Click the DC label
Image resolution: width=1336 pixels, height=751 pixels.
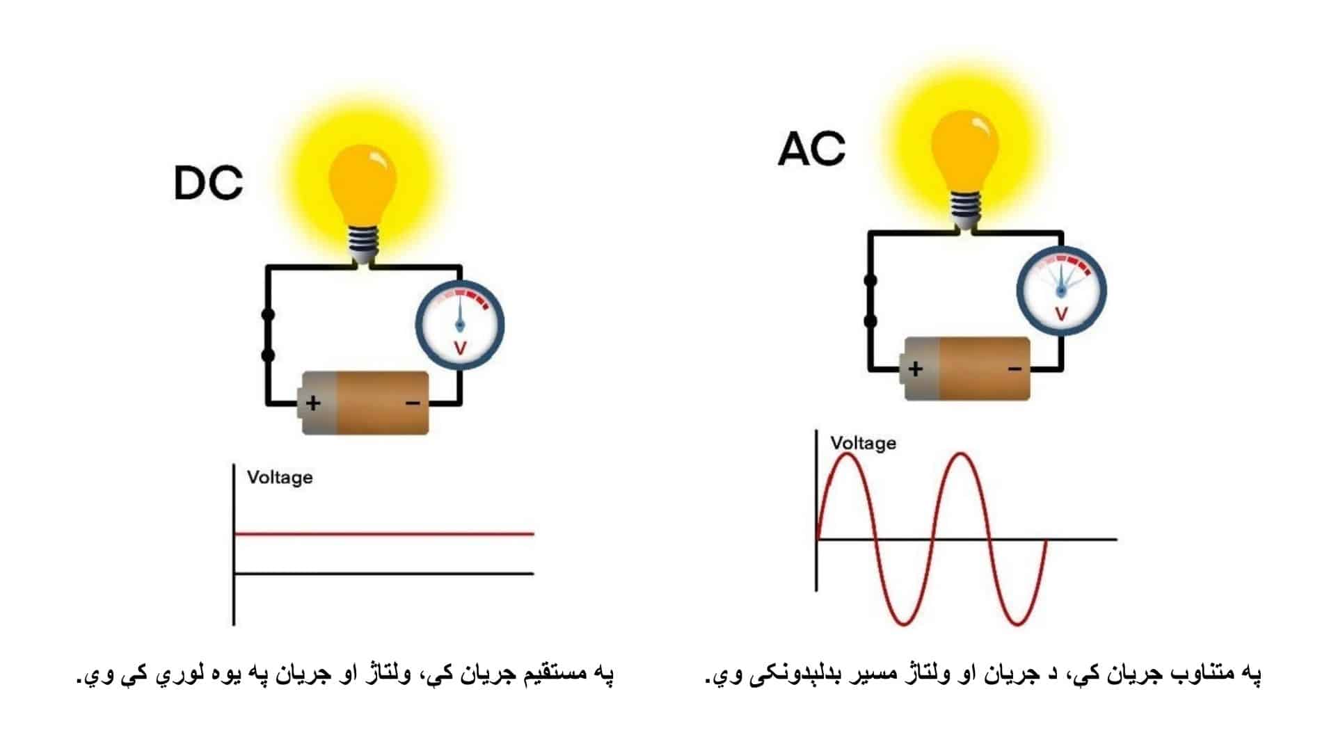click(208, 183)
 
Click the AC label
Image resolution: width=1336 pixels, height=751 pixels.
click(811, 149)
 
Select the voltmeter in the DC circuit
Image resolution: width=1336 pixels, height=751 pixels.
click(460, 324)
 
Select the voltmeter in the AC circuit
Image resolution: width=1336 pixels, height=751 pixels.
click(1061, 290)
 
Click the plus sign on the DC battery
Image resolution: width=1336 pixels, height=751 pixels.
click(313, 403)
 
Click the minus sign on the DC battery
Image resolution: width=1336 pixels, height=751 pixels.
click(412, 403)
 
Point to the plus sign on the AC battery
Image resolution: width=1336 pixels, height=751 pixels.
click(915, 369)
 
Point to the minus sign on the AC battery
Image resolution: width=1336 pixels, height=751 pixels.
click(1015, 369)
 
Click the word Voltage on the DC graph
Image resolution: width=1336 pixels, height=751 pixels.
click(280, 478)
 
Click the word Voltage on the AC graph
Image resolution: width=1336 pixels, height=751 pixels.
click(863, 443)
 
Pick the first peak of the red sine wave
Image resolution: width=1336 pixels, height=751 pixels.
click(846, 454)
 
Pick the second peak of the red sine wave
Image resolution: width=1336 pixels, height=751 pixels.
click(962, 454)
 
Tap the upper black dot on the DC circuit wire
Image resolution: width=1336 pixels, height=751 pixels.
click(268, 315)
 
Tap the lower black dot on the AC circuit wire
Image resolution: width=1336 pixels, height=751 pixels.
click(870, 321)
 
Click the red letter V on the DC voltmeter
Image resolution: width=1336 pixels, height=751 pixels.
click(460, 348)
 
